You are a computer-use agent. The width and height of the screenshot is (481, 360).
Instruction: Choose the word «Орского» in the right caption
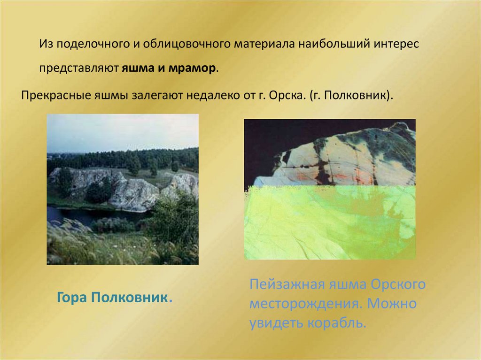pos(398,285)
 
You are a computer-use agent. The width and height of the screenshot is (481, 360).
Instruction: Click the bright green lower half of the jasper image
pos(329,225)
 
